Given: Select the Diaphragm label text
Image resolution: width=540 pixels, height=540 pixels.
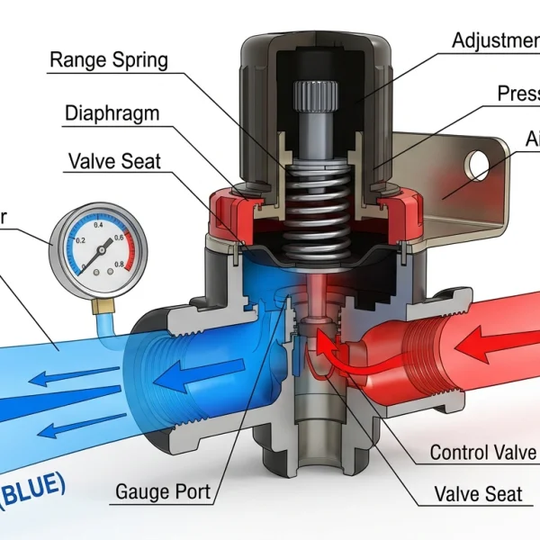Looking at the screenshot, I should tap(113, 113).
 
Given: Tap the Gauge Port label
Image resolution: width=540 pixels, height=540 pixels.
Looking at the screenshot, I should tap(163, 492).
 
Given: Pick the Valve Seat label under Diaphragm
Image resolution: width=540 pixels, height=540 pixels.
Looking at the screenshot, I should tap(114, 161).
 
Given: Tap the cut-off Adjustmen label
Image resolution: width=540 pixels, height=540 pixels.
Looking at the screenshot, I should tap(495, 40).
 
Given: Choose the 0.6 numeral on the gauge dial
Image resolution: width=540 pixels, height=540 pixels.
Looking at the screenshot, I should tap(118, 239).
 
